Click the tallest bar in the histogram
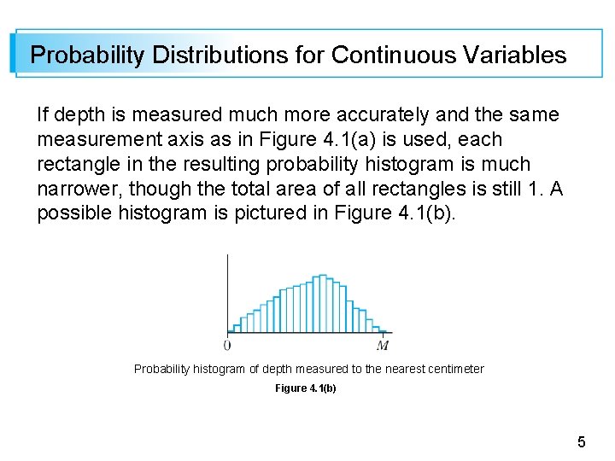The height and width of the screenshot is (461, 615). (x=321, y=304)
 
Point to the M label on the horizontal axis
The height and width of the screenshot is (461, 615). (x=384, y=346)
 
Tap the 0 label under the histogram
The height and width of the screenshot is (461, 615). (x=226, y=346)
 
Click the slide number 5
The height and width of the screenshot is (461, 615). (x=581, y=442)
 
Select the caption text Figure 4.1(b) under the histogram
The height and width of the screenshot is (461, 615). (x=305, y=388)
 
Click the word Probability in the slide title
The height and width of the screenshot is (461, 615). (x=87, y=55)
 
